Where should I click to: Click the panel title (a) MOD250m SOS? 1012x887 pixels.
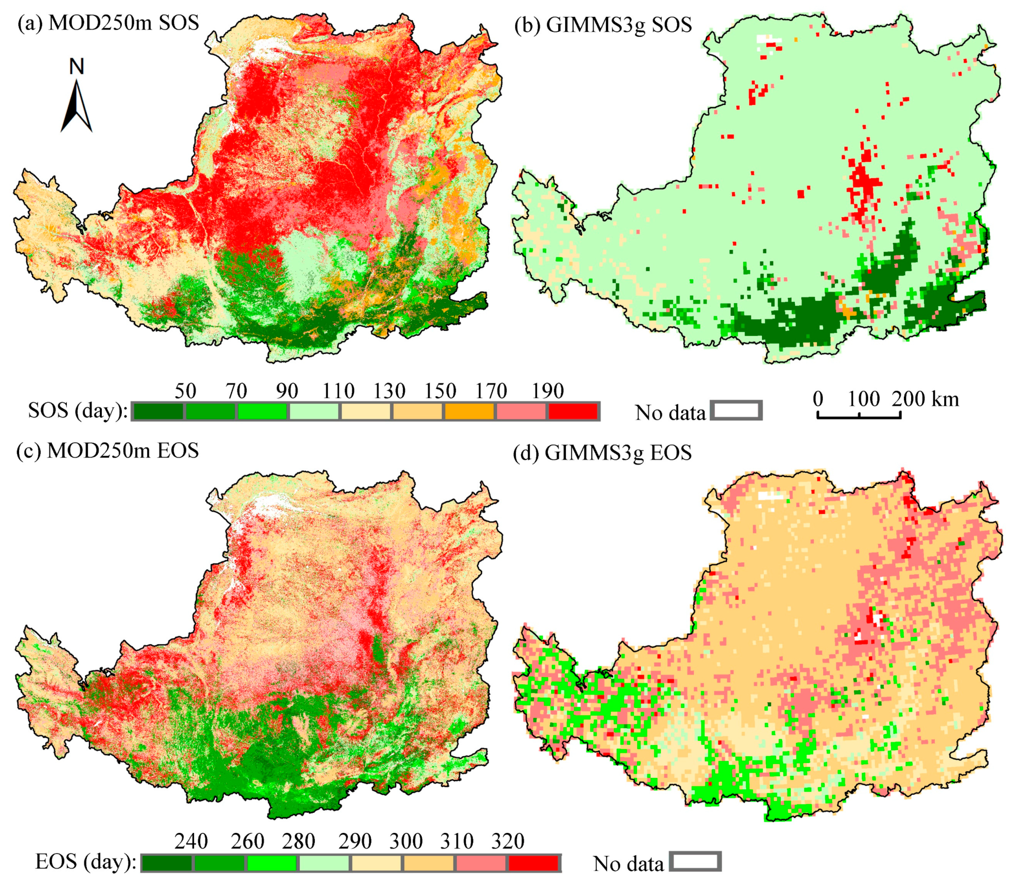point(108,23)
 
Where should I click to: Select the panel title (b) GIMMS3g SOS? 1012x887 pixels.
point(603,25)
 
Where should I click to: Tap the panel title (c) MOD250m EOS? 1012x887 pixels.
point(107,450)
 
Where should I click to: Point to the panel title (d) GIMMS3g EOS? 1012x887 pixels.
point(602,453)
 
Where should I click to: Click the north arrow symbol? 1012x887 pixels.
point(77,106)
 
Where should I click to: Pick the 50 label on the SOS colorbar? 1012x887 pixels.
point(185,391)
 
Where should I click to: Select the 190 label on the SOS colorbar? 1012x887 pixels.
point(548,391)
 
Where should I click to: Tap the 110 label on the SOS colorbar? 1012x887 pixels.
point(339,391)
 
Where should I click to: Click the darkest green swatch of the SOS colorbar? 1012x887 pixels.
point(158,411)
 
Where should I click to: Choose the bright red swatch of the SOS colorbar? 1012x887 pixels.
point(573,411)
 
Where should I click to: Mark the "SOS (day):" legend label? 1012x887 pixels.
point(78,411)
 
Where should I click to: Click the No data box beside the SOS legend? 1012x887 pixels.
point(736,411)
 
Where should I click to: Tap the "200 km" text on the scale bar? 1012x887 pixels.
point(925,399)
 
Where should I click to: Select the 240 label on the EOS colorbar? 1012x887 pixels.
point(191,841)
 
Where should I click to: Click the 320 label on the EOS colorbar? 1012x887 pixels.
point(508,841)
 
